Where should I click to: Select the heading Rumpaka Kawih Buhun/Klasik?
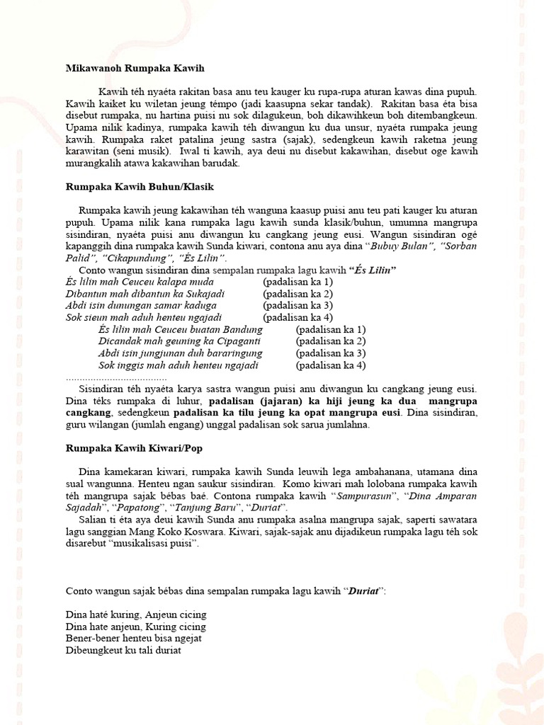[x=140, y=187]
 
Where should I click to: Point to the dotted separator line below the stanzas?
[x=116, y=378]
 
